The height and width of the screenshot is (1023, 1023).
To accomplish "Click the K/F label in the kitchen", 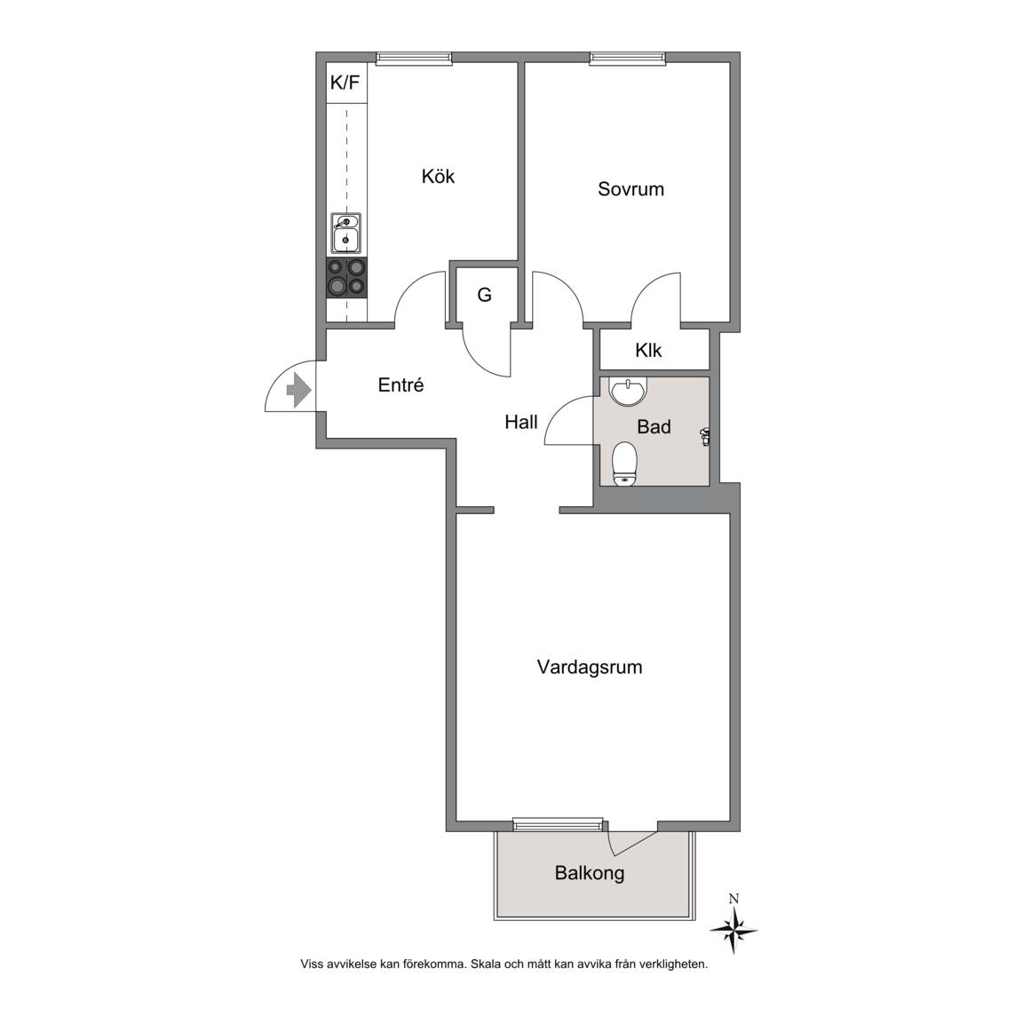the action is click(345, 83).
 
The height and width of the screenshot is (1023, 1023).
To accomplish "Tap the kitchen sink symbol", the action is click(345, 233).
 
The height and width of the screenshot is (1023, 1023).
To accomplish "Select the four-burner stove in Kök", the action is click(346, 277).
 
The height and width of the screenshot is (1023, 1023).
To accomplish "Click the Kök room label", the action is click(438, 176).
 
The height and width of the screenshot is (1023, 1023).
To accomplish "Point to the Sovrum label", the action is click(630, 189).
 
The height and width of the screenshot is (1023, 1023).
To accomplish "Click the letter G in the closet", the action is click(484, 295).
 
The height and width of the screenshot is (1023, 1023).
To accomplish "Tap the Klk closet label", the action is click(648, 351).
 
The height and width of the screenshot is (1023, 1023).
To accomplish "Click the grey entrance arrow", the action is click(298, 390).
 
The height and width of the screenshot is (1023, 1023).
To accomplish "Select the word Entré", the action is click(400, 385).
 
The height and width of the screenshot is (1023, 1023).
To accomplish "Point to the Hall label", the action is click(521, 422).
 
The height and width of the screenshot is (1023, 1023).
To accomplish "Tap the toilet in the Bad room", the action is click(625, 464).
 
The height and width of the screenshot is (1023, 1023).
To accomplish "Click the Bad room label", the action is click(654, 426).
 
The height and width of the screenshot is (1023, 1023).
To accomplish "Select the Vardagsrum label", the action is click(590, 668).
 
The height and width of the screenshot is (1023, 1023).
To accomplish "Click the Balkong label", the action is click(590, 873).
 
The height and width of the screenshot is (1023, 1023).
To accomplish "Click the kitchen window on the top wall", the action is click(415, 59).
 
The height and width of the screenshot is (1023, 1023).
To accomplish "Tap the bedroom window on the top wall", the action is click(628, 59).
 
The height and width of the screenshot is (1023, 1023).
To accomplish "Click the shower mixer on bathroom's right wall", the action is click(705, 436).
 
